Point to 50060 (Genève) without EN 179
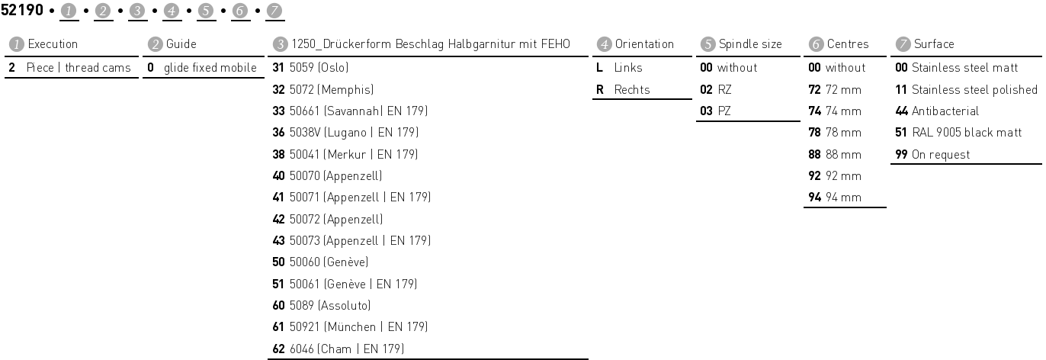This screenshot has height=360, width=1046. [x=326, y=262]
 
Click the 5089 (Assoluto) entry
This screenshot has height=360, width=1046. [x=328, y=306]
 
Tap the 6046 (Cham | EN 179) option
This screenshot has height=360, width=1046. [x=344, y=349]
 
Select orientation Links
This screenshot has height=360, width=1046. [x=628, y=68]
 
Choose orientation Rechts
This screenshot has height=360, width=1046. [x=632, y=89]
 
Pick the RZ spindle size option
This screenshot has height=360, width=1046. [x=724, y=89]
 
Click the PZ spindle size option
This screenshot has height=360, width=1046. [x=724, y=111]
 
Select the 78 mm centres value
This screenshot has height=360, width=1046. [x=842, y=133]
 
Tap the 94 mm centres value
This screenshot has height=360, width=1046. [x=842, y=198]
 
